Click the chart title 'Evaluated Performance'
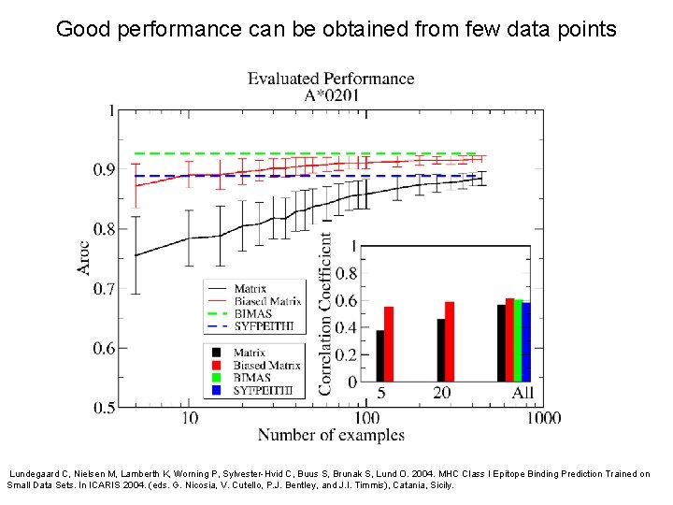330,79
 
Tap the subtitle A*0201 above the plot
330,94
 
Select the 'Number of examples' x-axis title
331,435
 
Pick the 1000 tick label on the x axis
542,418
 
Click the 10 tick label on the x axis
189,418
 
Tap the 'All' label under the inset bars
523,393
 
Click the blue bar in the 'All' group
526,341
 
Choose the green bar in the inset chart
518,340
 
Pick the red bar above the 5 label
389,343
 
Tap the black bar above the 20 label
441,350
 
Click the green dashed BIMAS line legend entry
218,314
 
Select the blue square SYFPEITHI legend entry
217,390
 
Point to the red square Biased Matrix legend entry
217,365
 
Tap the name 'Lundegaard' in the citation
36,474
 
